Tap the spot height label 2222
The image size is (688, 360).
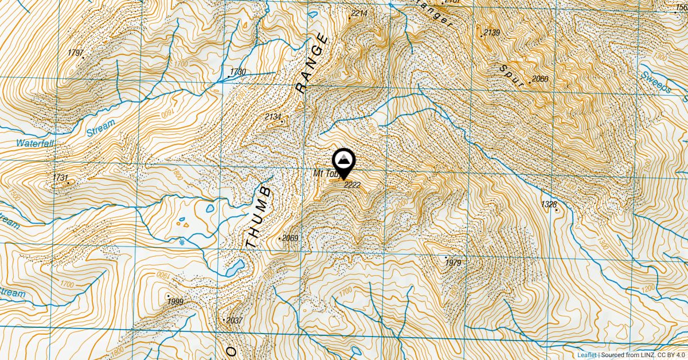point(352,185)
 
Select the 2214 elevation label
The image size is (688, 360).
point(359,13)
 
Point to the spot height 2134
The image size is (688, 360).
point(273,117)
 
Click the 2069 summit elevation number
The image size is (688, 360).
point(291,238)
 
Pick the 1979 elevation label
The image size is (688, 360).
point(453,263)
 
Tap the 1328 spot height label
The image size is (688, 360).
point(549,204)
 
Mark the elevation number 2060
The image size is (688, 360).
point(540,79)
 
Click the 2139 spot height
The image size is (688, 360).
point(492,32)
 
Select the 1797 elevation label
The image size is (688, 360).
point(76,53)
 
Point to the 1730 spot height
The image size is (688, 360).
point(237,72)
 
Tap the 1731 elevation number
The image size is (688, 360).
point(60,178)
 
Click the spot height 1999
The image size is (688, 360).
point(175,302)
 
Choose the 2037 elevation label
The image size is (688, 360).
point(234,320)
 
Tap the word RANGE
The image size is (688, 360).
point(312,64)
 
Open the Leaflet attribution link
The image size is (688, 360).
point(587,355)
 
